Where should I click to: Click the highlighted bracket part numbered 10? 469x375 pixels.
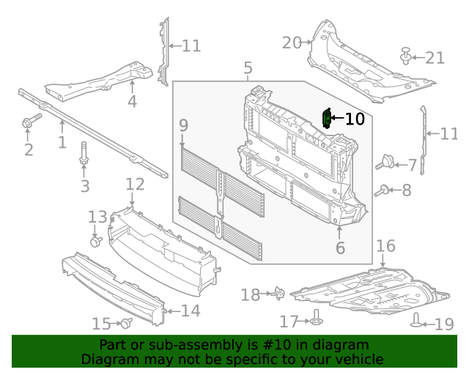(327, 119)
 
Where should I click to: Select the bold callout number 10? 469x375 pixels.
(354, 119)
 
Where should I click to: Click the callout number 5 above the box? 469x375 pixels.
(248, 70)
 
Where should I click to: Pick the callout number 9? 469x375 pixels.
(183, 126)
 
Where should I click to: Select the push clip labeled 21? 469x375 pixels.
(406, 55)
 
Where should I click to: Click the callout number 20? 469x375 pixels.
(292, 43)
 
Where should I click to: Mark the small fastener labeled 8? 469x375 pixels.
(382, 191)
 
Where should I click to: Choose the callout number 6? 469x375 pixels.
(340, 249)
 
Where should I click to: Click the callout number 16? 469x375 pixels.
(385, 245)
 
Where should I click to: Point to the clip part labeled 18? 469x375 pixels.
(279, 294)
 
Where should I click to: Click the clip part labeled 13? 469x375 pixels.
(95, 240)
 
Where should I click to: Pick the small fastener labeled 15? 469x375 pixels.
(126, 323)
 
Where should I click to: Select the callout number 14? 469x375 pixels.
(190, 311)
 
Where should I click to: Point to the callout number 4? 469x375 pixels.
(132, 102)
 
